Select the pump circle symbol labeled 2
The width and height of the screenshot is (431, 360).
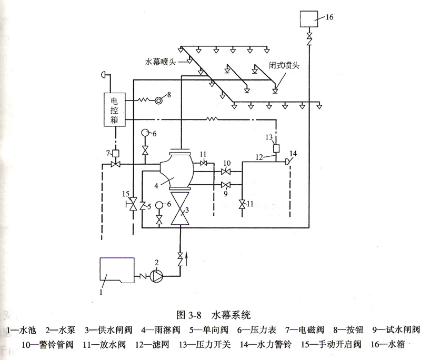click(x=156, y=275)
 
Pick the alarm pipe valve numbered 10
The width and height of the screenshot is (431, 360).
click(x=227, y=172)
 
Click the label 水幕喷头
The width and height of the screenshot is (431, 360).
click(x=163, y=61)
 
